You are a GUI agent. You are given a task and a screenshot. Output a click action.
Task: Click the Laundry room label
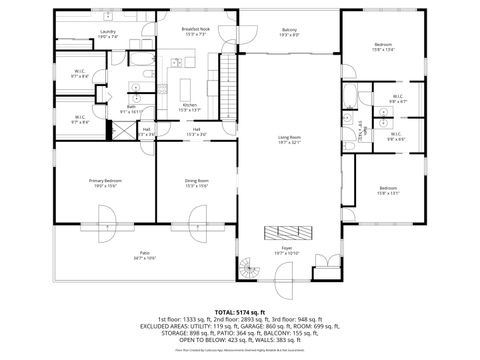coord(108,31)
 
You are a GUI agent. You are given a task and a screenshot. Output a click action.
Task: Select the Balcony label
coord(289,30)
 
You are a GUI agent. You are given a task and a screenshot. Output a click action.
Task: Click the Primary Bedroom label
coord(104,180)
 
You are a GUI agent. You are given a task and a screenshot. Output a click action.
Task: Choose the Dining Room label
coord(196,180)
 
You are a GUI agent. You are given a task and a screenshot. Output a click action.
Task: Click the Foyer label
coord(287,249)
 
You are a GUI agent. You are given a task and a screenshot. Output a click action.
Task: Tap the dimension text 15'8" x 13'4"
coord(385,50)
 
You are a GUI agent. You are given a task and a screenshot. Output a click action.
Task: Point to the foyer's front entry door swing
coord(324,268)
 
